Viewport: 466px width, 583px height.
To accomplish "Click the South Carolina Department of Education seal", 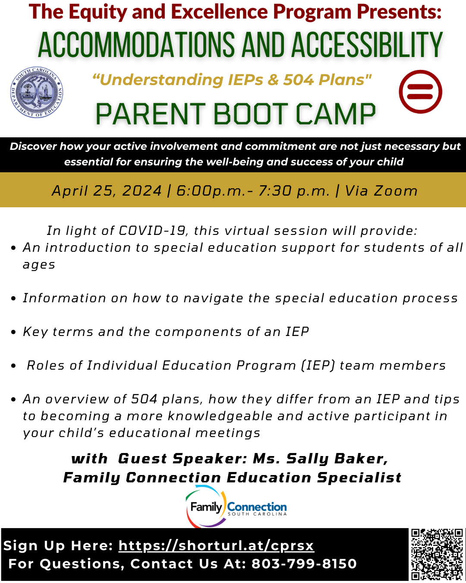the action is [37, 92].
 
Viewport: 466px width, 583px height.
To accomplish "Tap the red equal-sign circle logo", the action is [420, 92].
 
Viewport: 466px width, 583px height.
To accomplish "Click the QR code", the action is [437, 554].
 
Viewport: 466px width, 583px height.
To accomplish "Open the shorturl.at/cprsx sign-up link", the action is [216, 545].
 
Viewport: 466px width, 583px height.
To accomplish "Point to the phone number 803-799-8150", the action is [304, 564].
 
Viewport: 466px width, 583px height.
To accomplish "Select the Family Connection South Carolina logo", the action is [236, 506].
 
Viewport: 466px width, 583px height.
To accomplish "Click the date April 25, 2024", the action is [107, 191].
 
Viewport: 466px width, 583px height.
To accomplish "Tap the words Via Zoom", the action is [381, 191].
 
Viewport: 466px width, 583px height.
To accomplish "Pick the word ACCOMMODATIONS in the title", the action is [136, 45].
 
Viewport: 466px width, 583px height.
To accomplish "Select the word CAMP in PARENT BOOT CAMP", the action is [336, 114].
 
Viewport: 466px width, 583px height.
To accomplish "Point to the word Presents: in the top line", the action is [399, 12].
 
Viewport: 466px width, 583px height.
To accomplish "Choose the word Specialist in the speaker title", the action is [359, 478].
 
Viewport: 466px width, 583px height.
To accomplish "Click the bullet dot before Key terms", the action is [13, 332].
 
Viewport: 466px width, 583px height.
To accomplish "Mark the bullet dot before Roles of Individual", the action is [13, 366].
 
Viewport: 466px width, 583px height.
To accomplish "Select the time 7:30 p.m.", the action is [294, 191].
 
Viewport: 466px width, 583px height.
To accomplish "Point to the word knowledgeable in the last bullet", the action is [220, 416].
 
